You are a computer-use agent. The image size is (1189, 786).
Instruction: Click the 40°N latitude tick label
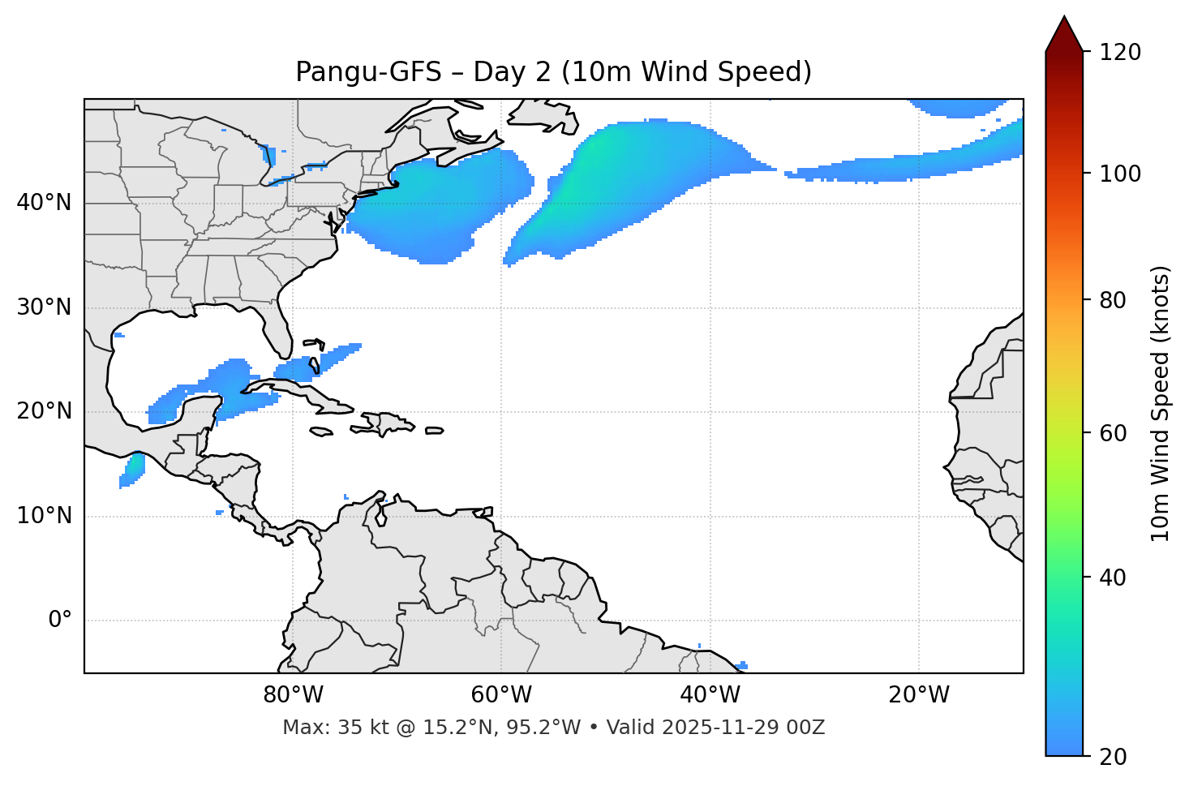click(x=44, y=203)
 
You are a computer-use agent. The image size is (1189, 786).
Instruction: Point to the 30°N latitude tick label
click(x=44, y=307)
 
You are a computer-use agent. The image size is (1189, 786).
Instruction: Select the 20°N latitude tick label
click(x=44, y=411)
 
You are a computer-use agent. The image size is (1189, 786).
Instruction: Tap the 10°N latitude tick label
click(x=44, y=516)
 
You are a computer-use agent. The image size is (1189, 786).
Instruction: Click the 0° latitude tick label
click(x=60, y=621)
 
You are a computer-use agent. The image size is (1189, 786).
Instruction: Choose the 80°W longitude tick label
click(x=293, y=695)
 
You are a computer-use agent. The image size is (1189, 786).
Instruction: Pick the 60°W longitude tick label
click(x=501, y=695)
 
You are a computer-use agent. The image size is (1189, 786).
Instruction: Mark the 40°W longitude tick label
click(x=710, y=695)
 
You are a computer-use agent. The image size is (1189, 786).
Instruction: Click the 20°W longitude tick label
click(x=918, y=695)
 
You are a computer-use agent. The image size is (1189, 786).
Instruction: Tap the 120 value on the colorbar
click(x=1119, y=52)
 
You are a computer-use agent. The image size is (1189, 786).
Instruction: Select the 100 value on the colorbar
click(x=1119, y=174)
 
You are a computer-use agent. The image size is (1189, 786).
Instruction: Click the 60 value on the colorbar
click(x=1114, y=433)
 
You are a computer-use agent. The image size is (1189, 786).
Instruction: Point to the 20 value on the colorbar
click(x=1114, y=757)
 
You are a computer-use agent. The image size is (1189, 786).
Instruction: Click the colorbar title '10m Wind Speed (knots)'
click(x=1161, y=403)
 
